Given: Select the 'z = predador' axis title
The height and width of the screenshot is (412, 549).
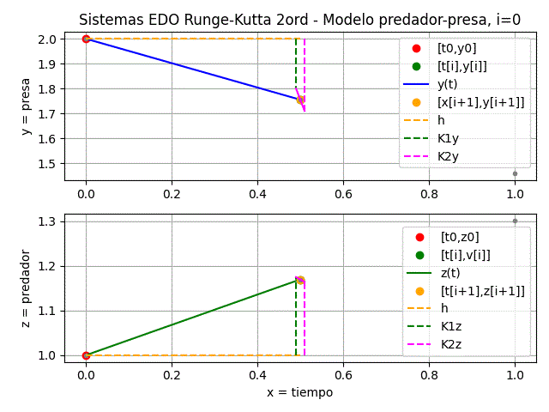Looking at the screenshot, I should pos(27,288).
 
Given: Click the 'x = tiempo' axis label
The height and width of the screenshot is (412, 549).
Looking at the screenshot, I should pos(299,392).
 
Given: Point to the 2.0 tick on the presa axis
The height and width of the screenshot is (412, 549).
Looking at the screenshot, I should pos(47,39).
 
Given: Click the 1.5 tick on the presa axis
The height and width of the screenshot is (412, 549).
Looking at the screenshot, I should pos(47,164).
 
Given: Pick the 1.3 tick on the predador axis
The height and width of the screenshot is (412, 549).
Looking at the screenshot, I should pos(47,221).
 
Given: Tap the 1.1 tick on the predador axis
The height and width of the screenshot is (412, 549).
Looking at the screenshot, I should pos(47,311).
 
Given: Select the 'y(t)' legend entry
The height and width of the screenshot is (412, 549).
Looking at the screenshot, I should pos(446,84).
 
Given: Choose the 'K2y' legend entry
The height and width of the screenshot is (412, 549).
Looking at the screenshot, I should pos(448,156).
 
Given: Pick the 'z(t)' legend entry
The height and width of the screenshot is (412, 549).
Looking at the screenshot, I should pos(449,273).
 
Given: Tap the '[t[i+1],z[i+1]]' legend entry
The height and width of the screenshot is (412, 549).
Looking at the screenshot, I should pos(482,291).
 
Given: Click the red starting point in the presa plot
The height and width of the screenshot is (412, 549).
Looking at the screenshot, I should pos(86,39).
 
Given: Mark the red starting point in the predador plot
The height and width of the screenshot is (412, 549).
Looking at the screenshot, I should pos(86,355).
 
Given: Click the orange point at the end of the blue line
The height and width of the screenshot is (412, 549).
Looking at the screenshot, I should pos(300,100).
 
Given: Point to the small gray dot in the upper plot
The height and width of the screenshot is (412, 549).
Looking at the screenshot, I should pos(515,173).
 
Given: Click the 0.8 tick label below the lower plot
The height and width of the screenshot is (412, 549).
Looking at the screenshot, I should pos(429,374).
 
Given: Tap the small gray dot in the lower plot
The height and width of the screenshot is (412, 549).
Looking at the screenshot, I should pos(515,221).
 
